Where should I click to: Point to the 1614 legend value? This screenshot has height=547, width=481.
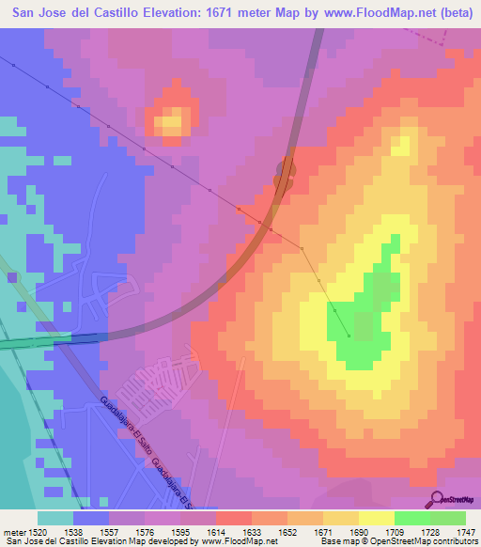click(x=215, y=530)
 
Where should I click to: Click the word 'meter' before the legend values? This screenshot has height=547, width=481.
click(x=13, y=530)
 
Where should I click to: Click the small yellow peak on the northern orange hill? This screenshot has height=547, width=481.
click(x=171, y=120)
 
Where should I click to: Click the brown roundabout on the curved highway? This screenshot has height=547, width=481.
click(x=284, y=172)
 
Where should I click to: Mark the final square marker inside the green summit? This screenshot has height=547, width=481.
click(x=349, y=336)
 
